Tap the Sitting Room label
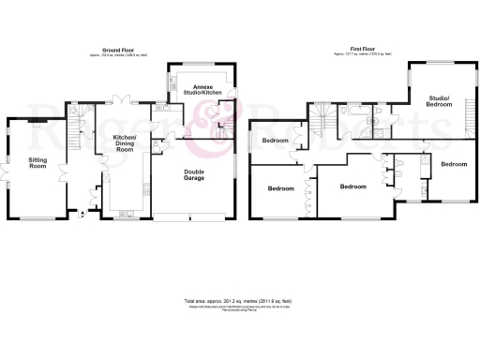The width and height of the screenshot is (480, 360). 37,163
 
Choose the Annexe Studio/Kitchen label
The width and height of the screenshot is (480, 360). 198,90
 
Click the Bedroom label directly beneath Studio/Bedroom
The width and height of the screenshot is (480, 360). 454,164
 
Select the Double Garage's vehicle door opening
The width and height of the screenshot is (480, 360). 191,218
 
